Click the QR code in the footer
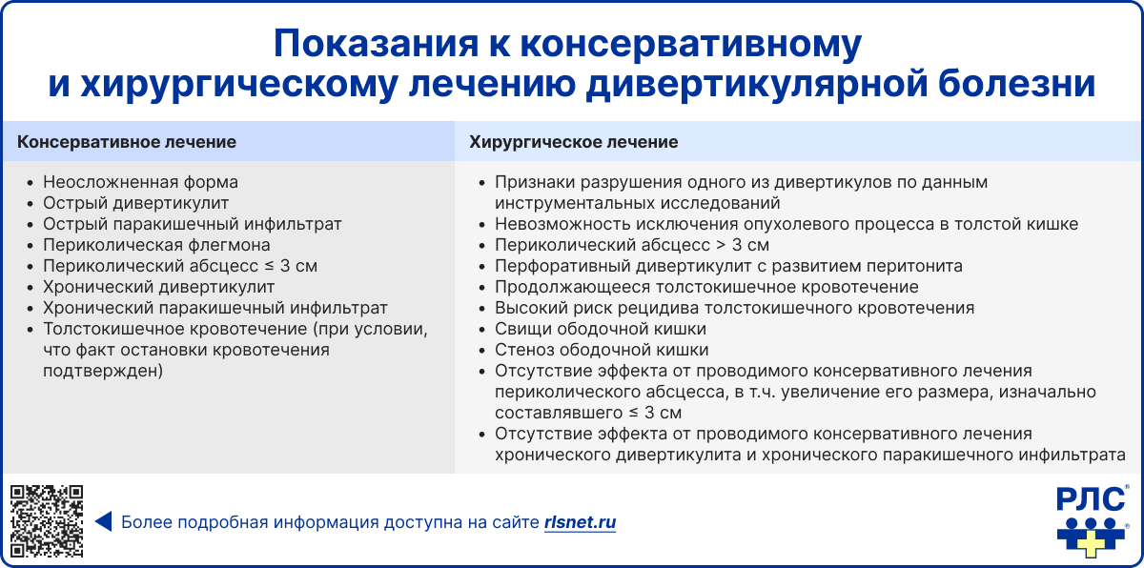pyautogui.click(x=47, y=521)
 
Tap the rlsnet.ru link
pyautogui.click(x=580, y=522)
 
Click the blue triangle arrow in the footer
pyautogui.click(x=103, y=522)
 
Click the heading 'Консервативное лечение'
pyautogui.click(x=127, y=142)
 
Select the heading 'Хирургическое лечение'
pyautogui.click(x=574, y=142)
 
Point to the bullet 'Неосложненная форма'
pyautogui.click(x=140, y=182)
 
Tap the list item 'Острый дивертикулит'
pyautogui.click(x=135, y=203)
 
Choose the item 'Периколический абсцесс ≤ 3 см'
pyautogui.click(x=178, y=266)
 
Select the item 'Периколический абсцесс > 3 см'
pyautogui.click(x=632, y=245)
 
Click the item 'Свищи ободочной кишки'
pyautogui.click(x=601, y=329)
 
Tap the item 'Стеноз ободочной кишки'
pyautogui.click(x=602, y=350)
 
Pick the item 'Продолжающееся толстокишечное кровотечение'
pyautogui.click(x=706, y=287)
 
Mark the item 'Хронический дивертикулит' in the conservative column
pyautogui.click(x=158, y=287)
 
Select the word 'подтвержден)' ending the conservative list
pyautogui.click(x=103, y=371)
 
